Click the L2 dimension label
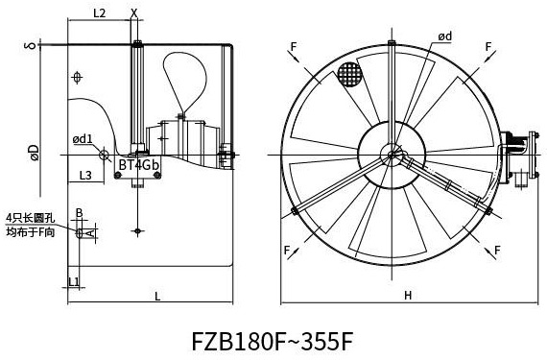point(99,13)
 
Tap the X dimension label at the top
point(134,12)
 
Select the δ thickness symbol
point(31,45)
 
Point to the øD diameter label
point(35,153)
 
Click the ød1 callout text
point(83,139)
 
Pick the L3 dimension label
point(85,175)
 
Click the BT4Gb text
point(139,165)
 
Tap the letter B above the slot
point(80,213)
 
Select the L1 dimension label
point(74,281)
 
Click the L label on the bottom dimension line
point(157,297)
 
